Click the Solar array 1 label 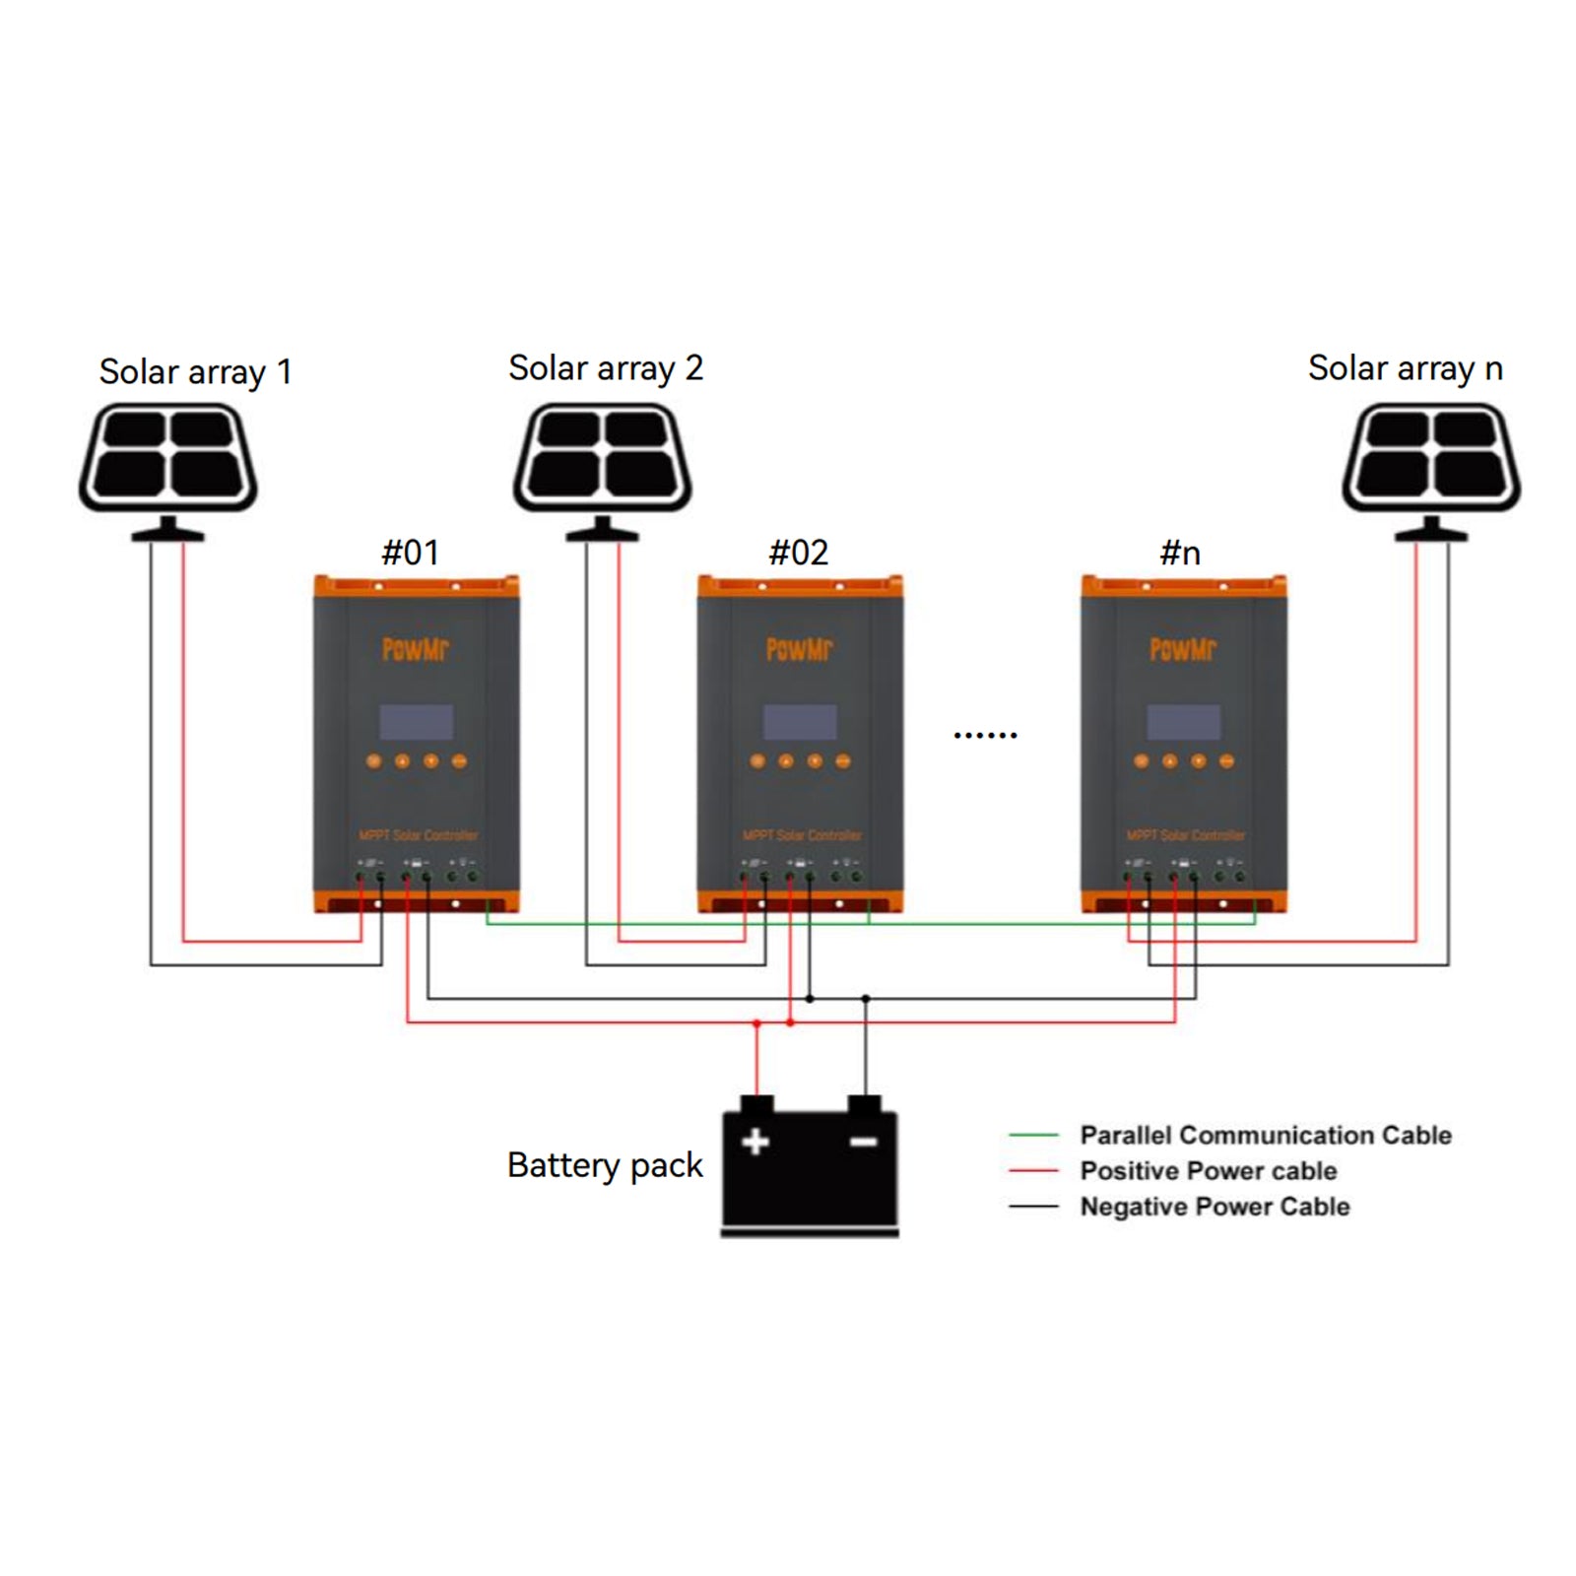coord(195,372)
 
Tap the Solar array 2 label coord(605,368)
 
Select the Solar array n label coord(1405,368)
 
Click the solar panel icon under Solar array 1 coord(168,459)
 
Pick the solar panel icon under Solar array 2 coord(602,459)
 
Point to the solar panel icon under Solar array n coord(1431,459)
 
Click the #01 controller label coord(410,553)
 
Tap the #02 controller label coord(798,553)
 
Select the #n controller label coord(1180,553)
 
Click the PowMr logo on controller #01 coord(415,649)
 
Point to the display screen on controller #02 coord(800,722)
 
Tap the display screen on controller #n coord(1183,722)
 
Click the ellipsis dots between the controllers coord(985,735)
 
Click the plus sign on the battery coord(755,1142)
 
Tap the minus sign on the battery coord(863,1142)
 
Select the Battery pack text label coord(605,1165)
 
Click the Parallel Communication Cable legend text coord(1265,1135)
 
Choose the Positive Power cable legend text coord(1208,1170)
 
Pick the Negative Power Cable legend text coord(1214,1206)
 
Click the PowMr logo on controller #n coord(1183,649)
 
